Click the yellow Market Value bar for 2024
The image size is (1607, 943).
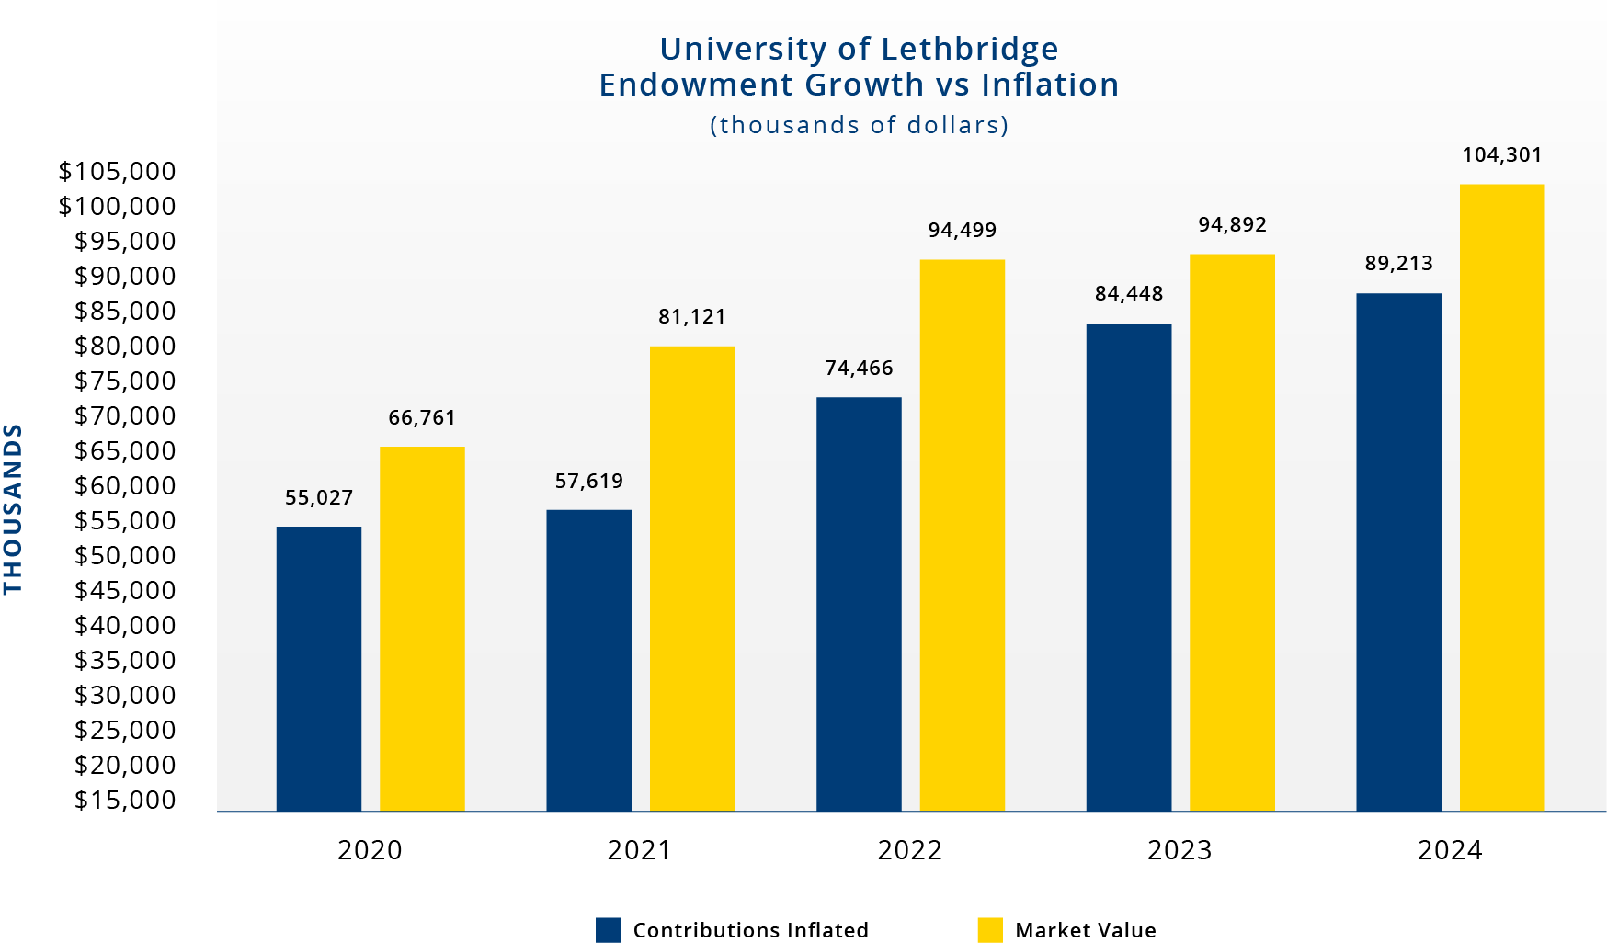[1501, 497]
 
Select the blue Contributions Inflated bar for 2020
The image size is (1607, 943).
[318, 668]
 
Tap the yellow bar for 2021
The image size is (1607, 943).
[691, 578]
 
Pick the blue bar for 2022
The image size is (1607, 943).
[859, 604]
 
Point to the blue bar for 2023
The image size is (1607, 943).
[1128, 567]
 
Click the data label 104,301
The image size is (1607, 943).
[1501, 154]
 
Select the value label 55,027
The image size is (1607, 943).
[318, 497]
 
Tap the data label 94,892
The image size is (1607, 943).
[1231, 224]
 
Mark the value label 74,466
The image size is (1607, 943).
[859, 368]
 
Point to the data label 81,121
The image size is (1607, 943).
[691, 316]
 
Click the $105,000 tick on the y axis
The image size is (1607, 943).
[117, 171]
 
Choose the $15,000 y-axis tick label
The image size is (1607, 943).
[124, 800]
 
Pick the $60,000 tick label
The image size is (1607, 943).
[124, 485]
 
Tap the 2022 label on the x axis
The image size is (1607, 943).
[908, 849]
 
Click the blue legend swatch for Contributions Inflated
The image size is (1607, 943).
[608, 929]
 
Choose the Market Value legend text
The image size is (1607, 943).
[1085, 929]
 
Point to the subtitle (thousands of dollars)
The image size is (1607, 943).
[859, 125]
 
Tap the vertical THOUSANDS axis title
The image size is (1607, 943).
[13, 508]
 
